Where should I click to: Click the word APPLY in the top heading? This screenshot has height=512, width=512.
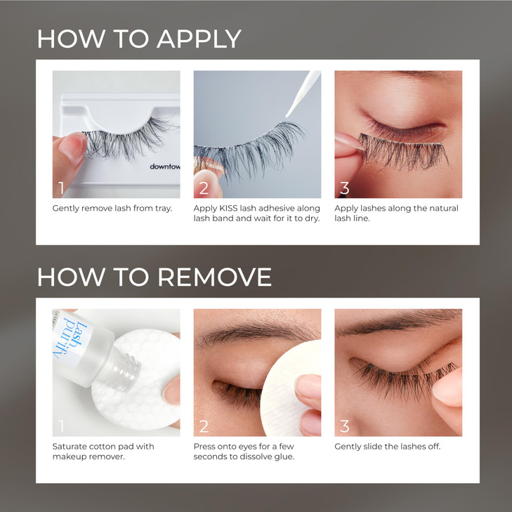click(x=199, y=39)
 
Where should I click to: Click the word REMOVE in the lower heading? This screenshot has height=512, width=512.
click(x=214, y=277)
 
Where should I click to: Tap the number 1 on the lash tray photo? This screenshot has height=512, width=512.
click(x=62, y=188)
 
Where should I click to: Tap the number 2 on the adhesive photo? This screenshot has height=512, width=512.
click(x=204, y=188)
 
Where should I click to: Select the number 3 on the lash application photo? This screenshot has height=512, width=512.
click(x=344, y=188)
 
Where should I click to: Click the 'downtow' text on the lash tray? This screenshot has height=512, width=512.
click(x=164, y=167)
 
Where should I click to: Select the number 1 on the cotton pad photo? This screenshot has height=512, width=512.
click(x=62, y=426)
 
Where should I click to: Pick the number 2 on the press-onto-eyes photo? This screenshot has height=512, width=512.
click(x=204, y=426)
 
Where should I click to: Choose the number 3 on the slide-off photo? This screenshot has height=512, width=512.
click(x=344, y=426)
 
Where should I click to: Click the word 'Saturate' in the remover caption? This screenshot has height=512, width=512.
click(x=72, y=447)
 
